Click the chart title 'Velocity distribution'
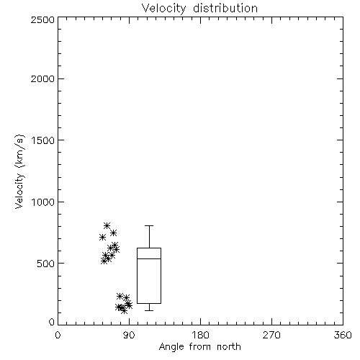tap(199, 8)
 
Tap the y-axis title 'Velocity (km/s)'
tap(19, 171)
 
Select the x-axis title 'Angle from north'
tap(199, 346)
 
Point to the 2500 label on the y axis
tap(42, 19)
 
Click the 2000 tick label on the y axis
tap(42, 78)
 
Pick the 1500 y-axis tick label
tap(43, 140)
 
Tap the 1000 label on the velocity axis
tap(43, 202)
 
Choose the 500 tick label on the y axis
tap(46, 264)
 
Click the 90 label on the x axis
tap(129, 335)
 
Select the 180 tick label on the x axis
tap(200, 335)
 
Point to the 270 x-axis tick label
tap(271, 335)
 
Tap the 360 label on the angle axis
tap(343, 335)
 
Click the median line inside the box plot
tap(149, 258)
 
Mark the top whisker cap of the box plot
tap(149, 225)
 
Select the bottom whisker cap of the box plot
tap(149, 310)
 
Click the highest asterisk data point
tap(107, 225)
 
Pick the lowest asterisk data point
tap(124, 311)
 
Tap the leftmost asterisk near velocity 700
tap(102, 238)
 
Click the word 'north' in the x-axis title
tap(229, 346)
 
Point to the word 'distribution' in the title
tap(225, 8)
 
